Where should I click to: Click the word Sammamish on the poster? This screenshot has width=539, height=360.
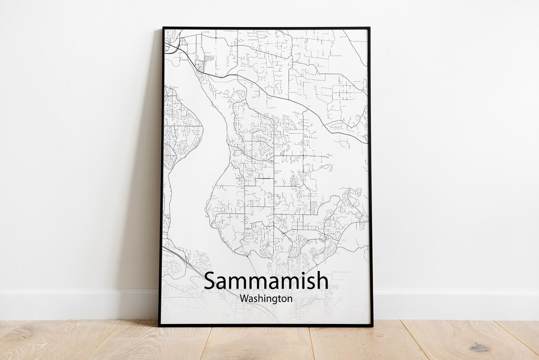tap(266, 281)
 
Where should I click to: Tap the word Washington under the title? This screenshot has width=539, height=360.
tap(266, 299)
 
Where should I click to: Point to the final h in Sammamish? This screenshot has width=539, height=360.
tap(322, 280)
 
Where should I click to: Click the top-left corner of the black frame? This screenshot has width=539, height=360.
tap(163, 28)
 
